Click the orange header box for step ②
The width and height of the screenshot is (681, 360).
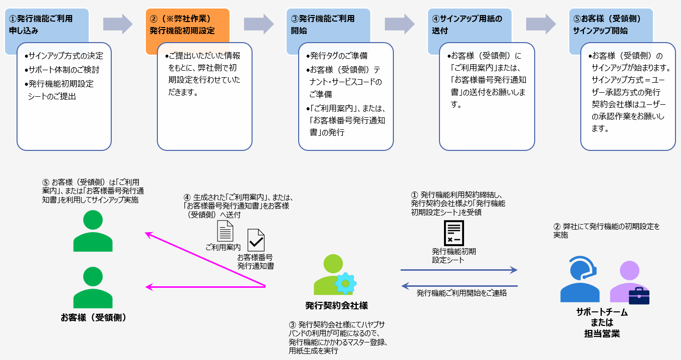[187, 24]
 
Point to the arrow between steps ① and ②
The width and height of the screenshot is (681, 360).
[117, 24]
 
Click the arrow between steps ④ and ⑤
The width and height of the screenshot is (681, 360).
[541, 24]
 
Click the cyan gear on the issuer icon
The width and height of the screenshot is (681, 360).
[345, 283]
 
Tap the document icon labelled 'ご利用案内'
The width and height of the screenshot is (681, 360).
[224, 231]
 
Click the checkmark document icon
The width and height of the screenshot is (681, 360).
[256, 240]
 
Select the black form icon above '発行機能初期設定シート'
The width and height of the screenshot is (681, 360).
[454, 233]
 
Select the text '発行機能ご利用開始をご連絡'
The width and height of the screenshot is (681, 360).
[462, 293]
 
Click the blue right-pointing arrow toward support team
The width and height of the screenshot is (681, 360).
[459, 270]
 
